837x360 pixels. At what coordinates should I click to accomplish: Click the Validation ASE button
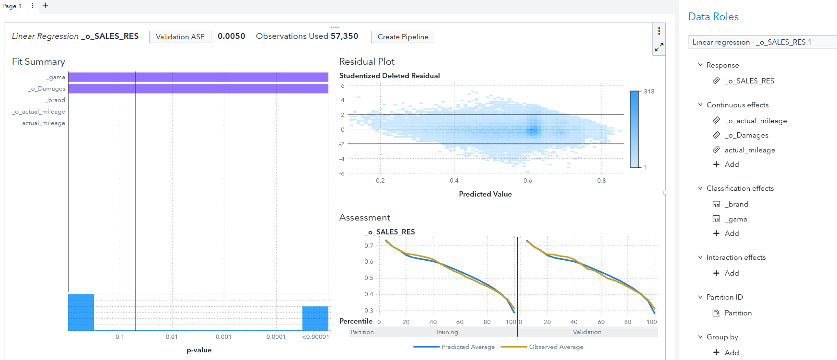click(x=180, y=37)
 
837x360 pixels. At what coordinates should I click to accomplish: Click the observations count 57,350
click(x=344, y=36)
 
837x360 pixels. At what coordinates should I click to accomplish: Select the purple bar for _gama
click(x=198, y=77)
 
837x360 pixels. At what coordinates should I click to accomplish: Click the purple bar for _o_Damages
click(x=198, y=89)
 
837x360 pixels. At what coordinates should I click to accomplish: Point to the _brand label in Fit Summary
click(x=56, y=100)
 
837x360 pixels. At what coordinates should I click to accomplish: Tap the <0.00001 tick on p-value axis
click(x=315, y=337)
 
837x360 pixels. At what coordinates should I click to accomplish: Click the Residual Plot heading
click(x=366, y=61)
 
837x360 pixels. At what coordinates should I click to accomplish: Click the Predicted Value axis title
click(x=485, y=194)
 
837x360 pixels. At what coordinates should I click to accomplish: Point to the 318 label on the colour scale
click(x=649, y=92)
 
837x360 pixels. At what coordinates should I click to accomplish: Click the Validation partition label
click(x=587, y=332)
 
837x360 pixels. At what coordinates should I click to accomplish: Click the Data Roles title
click(x=713, y=17)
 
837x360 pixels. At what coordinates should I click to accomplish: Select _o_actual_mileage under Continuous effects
click(x=756, y=121)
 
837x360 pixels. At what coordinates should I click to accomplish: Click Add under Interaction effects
click(x=731, y=273)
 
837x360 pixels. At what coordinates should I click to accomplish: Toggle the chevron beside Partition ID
click(x=700, y=297)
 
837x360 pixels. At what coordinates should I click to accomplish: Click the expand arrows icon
click(x=659, y=47)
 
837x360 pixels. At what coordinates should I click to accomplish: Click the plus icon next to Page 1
click(x=46, y=5)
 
